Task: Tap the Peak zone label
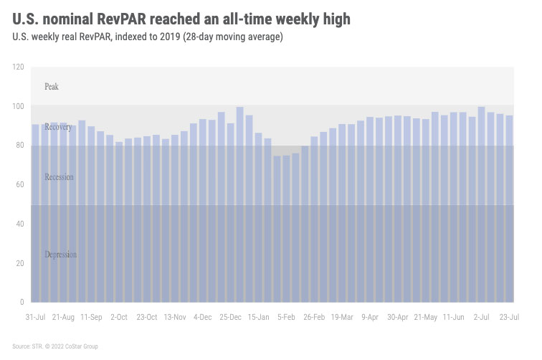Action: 52,87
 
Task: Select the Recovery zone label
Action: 57,127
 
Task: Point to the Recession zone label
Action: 59,176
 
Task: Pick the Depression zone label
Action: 60,255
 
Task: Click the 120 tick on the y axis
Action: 18,67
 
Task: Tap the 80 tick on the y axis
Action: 19,146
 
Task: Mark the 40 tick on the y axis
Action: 19,224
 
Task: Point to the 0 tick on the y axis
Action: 22,302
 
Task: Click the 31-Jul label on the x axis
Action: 36,316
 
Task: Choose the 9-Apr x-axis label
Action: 370,316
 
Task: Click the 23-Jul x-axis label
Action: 509,316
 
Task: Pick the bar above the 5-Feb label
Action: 286,229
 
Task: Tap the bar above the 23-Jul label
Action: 509,209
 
